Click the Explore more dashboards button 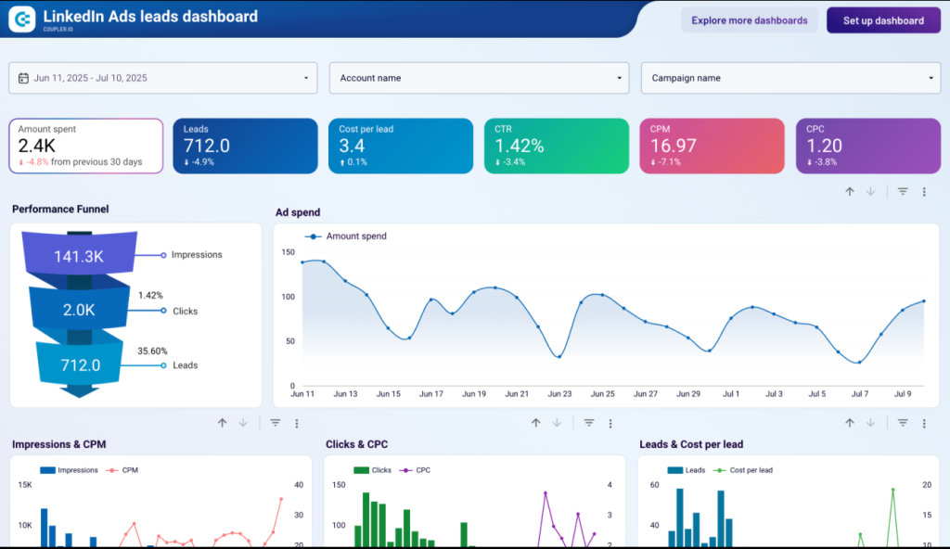point(750,20)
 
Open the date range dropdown point(163,78)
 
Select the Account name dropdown point(479,78)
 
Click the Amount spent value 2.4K point(38,145)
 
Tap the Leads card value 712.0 point(207,146)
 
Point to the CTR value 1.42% point(519,146)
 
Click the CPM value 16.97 point(674,146)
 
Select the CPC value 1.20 point(825,146)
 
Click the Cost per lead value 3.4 point(352,146)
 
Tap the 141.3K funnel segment point(80,255)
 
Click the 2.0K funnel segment point(80,311)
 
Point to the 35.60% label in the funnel point(152,351)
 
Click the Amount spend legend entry point(355,236)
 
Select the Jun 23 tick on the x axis point(559,394)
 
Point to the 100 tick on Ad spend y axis point(288,297)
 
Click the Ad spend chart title point(298,212)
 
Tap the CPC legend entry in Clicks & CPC point(422,470)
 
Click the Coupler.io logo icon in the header point(21,18)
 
